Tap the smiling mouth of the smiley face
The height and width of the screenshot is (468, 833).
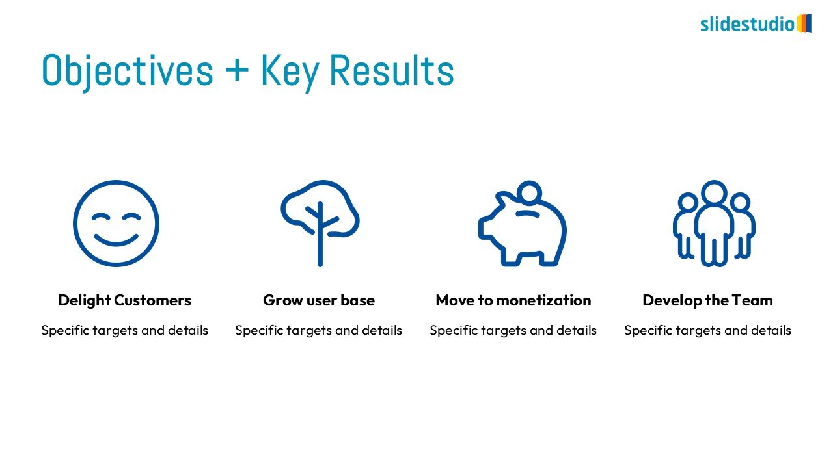coord(116,240)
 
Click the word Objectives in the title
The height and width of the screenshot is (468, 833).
coord(128,71)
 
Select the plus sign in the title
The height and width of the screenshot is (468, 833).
coord(237,69)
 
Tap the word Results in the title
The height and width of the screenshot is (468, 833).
coord(392,70)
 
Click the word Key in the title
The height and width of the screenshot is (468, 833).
coord(290,72)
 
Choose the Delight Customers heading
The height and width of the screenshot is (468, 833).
coord(124,300)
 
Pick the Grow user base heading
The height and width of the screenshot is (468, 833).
coord(319,300)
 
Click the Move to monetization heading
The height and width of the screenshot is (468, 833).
coord(513,300)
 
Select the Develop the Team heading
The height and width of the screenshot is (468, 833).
coord(707,300)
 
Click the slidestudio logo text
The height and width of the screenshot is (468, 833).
coord(748,24)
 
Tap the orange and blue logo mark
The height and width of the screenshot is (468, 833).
coord(804,23)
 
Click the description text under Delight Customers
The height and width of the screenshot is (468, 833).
coord(124,330)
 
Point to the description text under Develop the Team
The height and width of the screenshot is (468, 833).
coord(707,330)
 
